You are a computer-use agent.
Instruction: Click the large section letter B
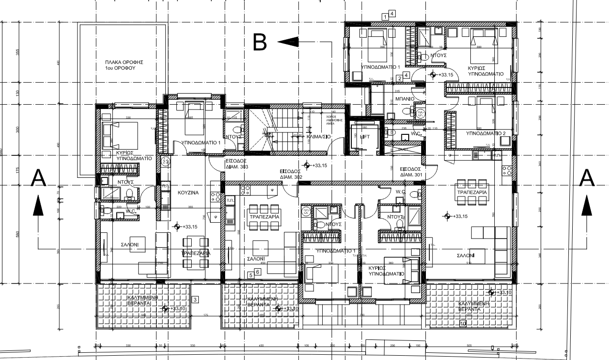260,42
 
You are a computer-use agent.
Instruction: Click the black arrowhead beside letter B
288,42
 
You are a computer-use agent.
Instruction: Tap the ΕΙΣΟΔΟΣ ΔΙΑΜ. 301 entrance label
411,172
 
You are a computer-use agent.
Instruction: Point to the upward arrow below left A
39,207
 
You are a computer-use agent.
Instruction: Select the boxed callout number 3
195,300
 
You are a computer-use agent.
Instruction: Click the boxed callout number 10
463,324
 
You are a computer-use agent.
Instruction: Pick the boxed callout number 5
250,275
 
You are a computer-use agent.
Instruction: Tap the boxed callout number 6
258,272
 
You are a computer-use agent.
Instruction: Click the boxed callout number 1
385,17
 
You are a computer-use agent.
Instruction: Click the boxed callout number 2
399,78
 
